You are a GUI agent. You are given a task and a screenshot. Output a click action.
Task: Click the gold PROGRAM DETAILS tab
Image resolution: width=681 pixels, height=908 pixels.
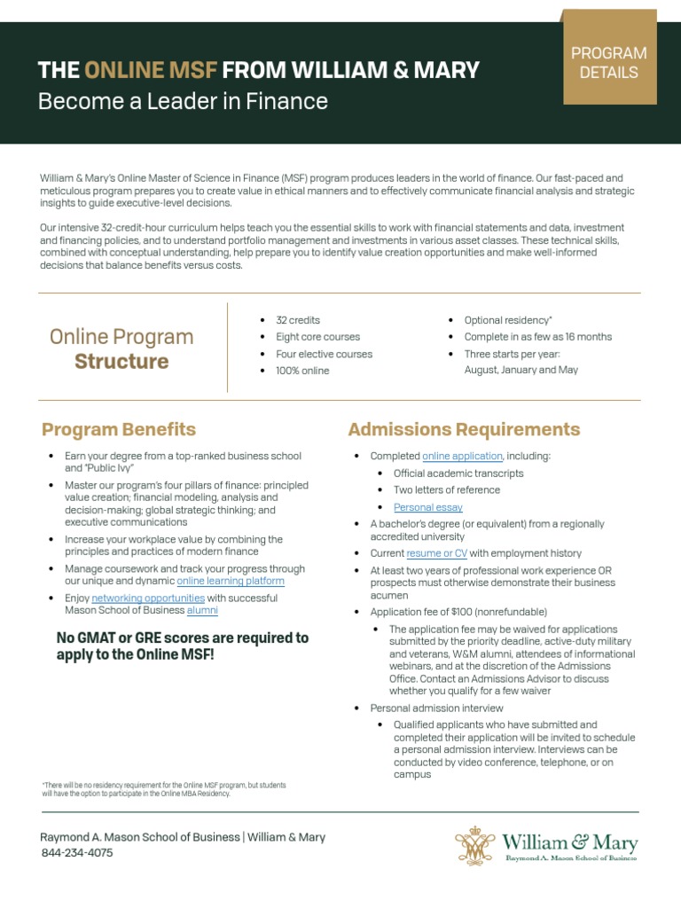[x=608, y=63]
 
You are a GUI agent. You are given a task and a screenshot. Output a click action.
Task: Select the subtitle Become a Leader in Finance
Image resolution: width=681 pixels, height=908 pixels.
[x=183, y=101]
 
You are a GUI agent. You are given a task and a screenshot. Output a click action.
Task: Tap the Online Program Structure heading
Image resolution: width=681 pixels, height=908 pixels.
[x=121, y=348]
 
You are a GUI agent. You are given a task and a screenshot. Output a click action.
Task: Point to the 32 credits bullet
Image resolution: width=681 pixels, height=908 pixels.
[x=298, y=320]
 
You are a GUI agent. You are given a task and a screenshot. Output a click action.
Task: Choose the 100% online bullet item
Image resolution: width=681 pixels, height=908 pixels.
[x=302, y=371]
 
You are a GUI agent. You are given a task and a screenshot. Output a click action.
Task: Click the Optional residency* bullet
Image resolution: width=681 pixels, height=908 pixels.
[x=508, y=320]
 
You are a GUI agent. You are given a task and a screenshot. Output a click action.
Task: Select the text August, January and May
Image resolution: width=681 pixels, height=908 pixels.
[x=521, y=370]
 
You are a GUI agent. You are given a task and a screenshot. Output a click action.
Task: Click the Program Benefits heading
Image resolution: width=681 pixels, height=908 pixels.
[x=119, y=430]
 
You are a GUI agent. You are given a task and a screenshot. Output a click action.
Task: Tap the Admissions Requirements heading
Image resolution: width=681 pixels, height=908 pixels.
[x=464, y=430]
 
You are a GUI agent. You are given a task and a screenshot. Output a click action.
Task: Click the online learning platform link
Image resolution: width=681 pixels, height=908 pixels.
[x=231, y=582]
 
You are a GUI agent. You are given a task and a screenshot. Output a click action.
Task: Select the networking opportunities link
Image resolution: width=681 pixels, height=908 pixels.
[x=148, y=599]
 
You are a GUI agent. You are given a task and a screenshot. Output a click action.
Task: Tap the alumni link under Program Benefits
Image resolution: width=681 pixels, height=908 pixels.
[x=202, y=611]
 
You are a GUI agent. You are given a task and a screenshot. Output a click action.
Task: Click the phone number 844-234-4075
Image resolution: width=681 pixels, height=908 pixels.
[x=77, y=853]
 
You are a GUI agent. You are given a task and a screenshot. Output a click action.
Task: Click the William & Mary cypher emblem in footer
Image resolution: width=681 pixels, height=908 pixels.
[x=474, y=846]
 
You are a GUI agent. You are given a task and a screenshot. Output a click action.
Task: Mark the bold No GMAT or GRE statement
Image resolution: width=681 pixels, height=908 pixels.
[x=183, y=646]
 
